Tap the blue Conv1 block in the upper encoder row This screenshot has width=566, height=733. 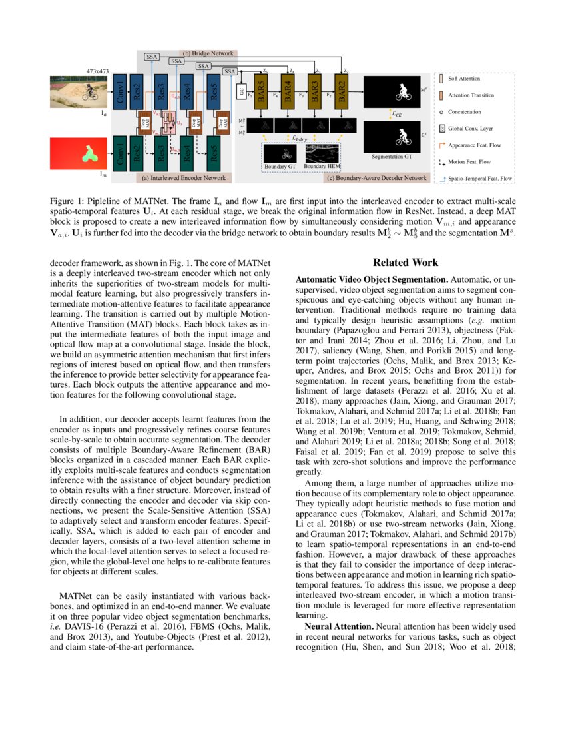tap(120, 93)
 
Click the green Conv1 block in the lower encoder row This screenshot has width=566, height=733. tap(120, 153)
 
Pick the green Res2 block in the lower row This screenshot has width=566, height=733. tap(137, 153)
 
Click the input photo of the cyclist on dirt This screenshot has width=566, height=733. tap(73, 92)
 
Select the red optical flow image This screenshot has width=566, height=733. tap(73, 153)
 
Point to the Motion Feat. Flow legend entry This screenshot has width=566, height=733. tap(469, 161)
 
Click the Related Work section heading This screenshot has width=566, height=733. tap(405, 263)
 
